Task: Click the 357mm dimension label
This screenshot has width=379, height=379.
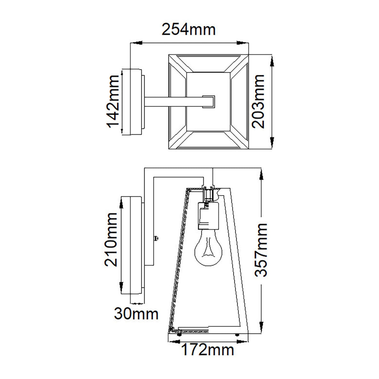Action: (x=261, y=250)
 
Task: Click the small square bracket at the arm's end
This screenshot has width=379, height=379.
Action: (x=208, y=102)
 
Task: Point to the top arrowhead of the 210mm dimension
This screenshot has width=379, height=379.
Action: (x=122, y=202)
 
